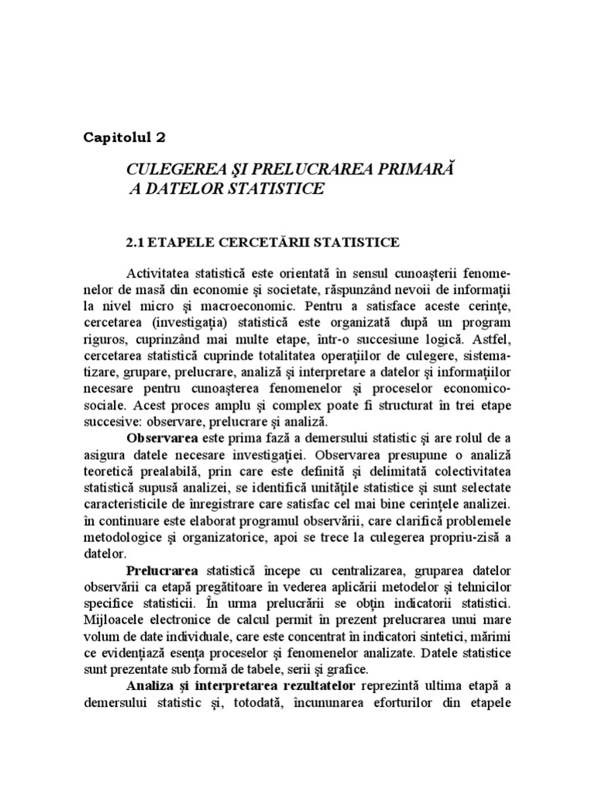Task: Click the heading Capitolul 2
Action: click(124, 138)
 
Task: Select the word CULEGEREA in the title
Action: click(167, 168)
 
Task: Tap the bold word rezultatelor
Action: click(313, 687)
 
